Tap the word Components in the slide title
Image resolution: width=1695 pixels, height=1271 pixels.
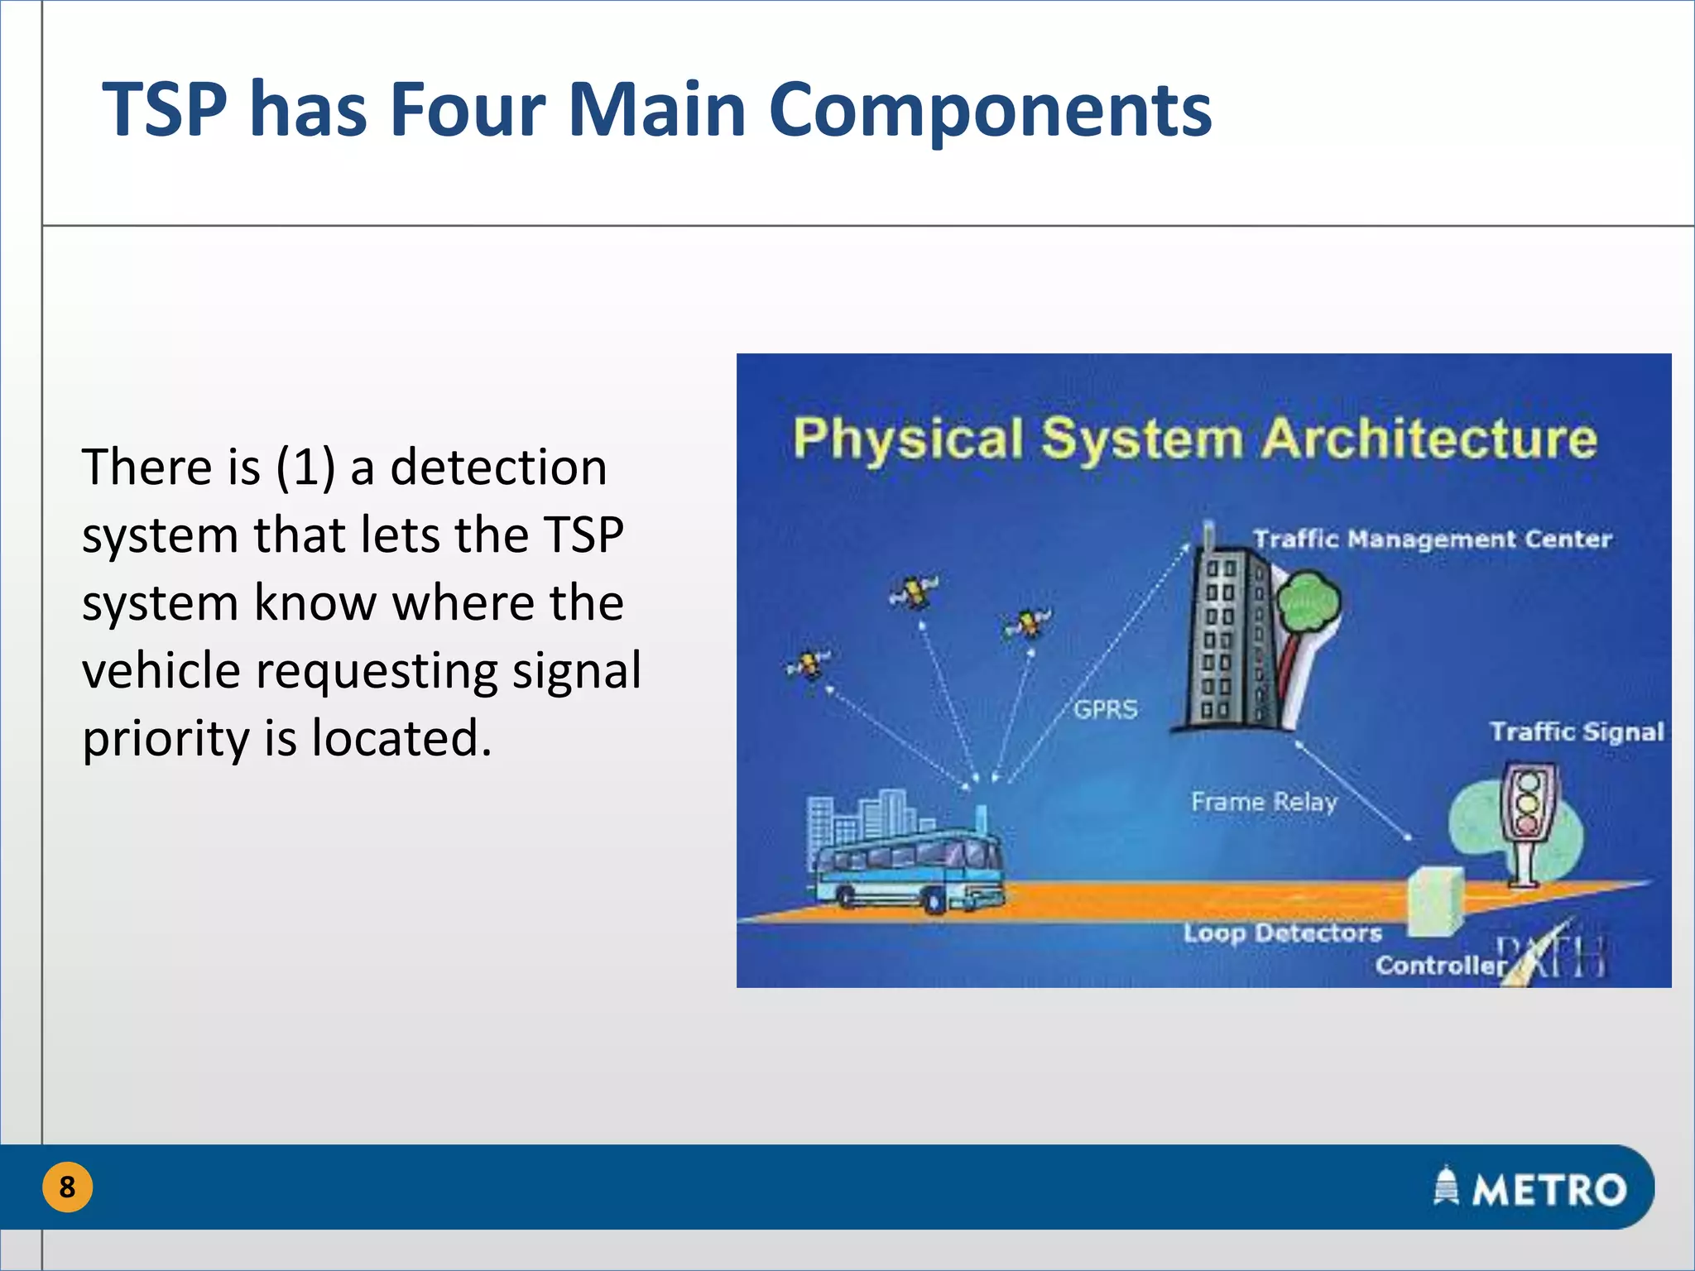click(x=990, y=111)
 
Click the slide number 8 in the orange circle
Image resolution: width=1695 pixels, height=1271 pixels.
click(x=67, y=1187)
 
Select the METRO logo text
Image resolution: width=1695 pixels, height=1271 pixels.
click(x=1548, y=1190)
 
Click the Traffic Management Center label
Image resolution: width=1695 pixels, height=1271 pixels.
click(x=1432, y=540)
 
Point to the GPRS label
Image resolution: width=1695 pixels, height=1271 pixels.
click(x=1106, y=709)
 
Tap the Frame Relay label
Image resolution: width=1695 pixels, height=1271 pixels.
click(x=1264, y=802)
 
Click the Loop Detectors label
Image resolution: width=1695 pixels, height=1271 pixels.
click(x=1282, y=933)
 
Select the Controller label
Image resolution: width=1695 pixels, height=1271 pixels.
click(x=1440, y=966)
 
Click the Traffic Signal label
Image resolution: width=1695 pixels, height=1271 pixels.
click(x=1577, y=732)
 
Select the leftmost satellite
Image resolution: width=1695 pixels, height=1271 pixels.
click(x=808, y=664)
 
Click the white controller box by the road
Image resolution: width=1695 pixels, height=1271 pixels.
click(x=1434, y=902)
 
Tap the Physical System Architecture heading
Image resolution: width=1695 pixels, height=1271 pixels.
click(x=1194, y=439)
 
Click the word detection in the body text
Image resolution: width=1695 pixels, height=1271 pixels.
click(x=498, y=467)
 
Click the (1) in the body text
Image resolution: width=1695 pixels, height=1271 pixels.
click(x=305, y=467)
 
